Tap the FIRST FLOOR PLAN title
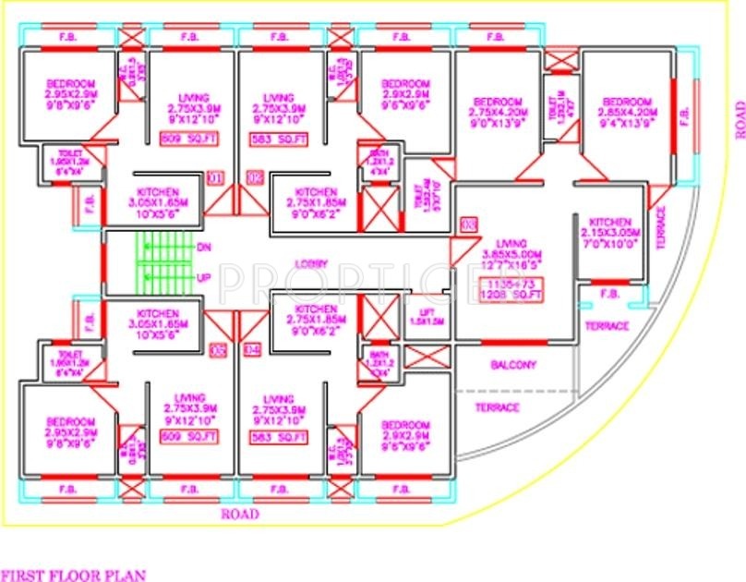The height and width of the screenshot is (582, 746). pos(73,574)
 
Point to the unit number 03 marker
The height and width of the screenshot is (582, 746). pos(468,224)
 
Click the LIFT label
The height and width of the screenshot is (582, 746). pos(424,314)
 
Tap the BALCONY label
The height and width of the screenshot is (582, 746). pos(513,365)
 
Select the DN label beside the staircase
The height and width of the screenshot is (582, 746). pos(203,247)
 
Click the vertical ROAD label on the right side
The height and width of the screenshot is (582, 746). pos(739,121)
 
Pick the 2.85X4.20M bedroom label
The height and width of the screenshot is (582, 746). pos(628,111)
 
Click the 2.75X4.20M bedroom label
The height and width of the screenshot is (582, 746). pos(499,111)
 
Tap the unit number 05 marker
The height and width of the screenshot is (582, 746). pos(218,350)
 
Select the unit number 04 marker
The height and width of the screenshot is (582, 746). pos(251,350)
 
